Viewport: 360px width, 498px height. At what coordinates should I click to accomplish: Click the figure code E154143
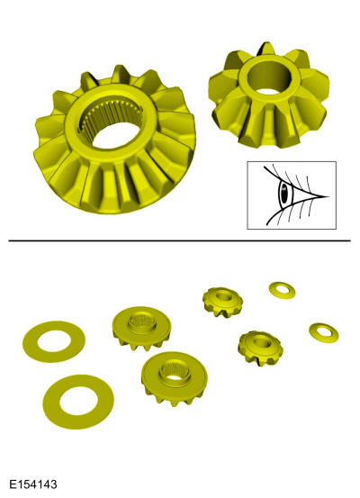tap(33, 484)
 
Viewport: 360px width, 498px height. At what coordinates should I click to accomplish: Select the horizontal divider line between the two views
tap(179, 241)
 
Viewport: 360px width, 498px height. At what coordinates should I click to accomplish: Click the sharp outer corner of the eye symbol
tap(328, 196)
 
